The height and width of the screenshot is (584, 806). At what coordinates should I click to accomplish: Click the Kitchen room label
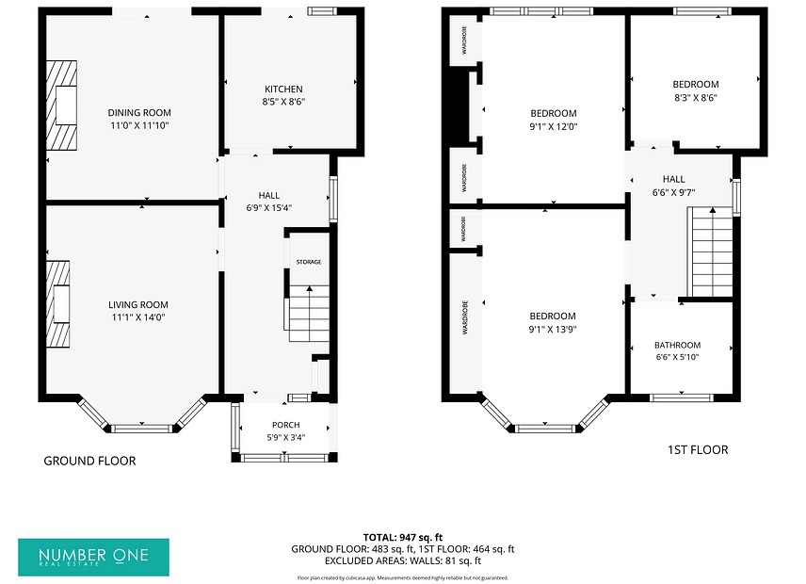tap(283, 89)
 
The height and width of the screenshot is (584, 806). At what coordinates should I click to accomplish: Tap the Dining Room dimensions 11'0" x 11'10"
tap(139, 125)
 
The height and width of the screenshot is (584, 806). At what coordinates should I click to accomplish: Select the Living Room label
tap(138, 305)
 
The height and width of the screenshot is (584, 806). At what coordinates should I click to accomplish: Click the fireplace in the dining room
tap(62, 105)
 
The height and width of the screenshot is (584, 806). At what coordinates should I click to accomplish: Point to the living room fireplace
tap(58, 304)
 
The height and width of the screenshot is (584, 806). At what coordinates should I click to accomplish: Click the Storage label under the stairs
tap(309, 262)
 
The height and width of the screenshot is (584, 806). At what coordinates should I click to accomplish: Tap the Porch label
tap(286, 425)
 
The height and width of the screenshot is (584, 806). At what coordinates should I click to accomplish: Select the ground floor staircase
tap(309, 314)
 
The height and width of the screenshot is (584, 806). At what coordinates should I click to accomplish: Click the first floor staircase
tap(713, 251)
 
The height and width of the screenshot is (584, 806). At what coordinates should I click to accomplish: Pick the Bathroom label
tap(678, 345)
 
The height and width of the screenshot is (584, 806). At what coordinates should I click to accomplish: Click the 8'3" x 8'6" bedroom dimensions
tap(696, 98)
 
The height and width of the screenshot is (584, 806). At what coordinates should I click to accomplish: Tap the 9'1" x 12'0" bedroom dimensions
tap(554, 126)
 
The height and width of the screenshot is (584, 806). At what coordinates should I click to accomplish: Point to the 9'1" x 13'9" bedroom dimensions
tap(553, 330)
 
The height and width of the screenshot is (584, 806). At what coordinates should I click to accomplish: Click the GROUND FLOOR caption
tap(90, 462)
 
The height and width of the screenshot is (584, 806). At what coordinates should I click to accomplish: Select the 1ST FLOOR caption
tap(698, 450)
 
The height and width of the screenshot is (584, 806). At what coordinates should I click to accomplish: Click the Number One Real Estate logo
tap(93, 558)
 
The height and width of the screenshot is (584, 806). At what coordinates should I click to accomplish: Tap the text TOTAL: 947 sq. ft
tap(403, 538)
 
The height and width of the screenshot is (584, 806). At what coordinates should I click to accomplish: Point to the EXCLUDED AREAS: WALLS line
tap(403, 560)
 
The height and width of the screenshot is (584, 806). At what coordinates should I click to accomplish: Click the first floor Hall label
tap(674, 179)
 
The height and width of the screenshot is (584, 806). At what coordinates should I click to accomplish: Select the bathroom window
tap(681, 397)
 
